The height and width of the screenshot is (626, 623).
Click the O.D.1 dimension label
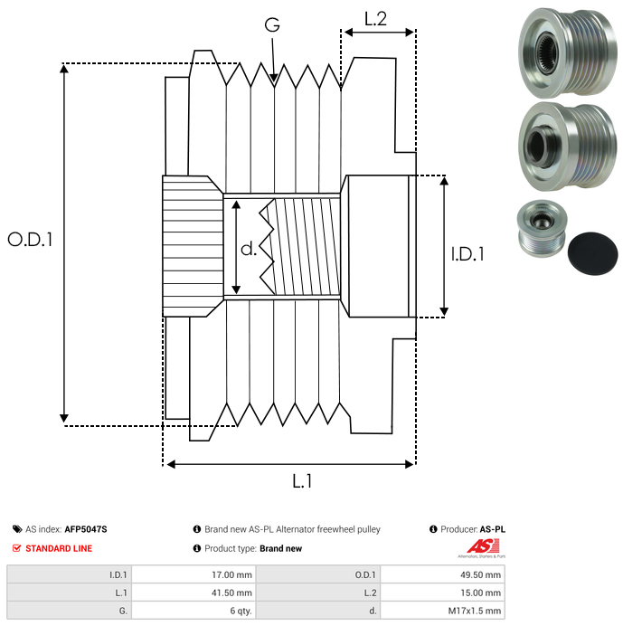point(30,240)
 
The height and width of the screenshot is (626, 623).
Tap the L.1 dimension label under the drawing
point(302,481)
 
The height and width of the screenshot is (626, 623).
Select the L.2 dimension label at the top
point(375,18)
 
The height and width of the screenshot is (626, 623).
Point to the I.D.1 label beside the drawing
point(467,255)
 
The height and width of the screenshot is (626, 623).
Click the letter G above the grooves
point(271,24)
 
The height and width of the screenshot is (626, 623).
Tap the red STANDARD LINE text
point(58,548)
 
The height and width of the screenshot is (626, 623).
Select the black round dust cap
point(591,250)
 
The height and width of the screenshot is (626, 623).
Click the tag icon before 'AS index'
point(17,529)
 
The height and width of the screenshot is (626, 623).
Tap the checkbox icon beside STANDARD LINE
point(17,548)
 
